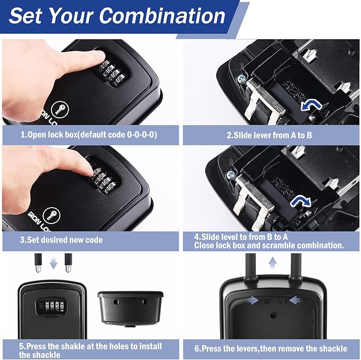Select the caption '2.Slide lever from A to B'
coord(269,135)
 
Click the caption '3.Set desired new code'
coord(61,240)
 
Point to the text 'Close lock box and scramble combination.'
coord(269,246)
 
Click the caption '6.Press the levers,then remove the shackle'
coord(270,348)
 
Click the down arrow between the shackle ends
coord(53,263)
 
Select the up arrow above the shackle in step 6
coord(273,262)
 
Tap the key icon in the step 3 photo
coord(52,214)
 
